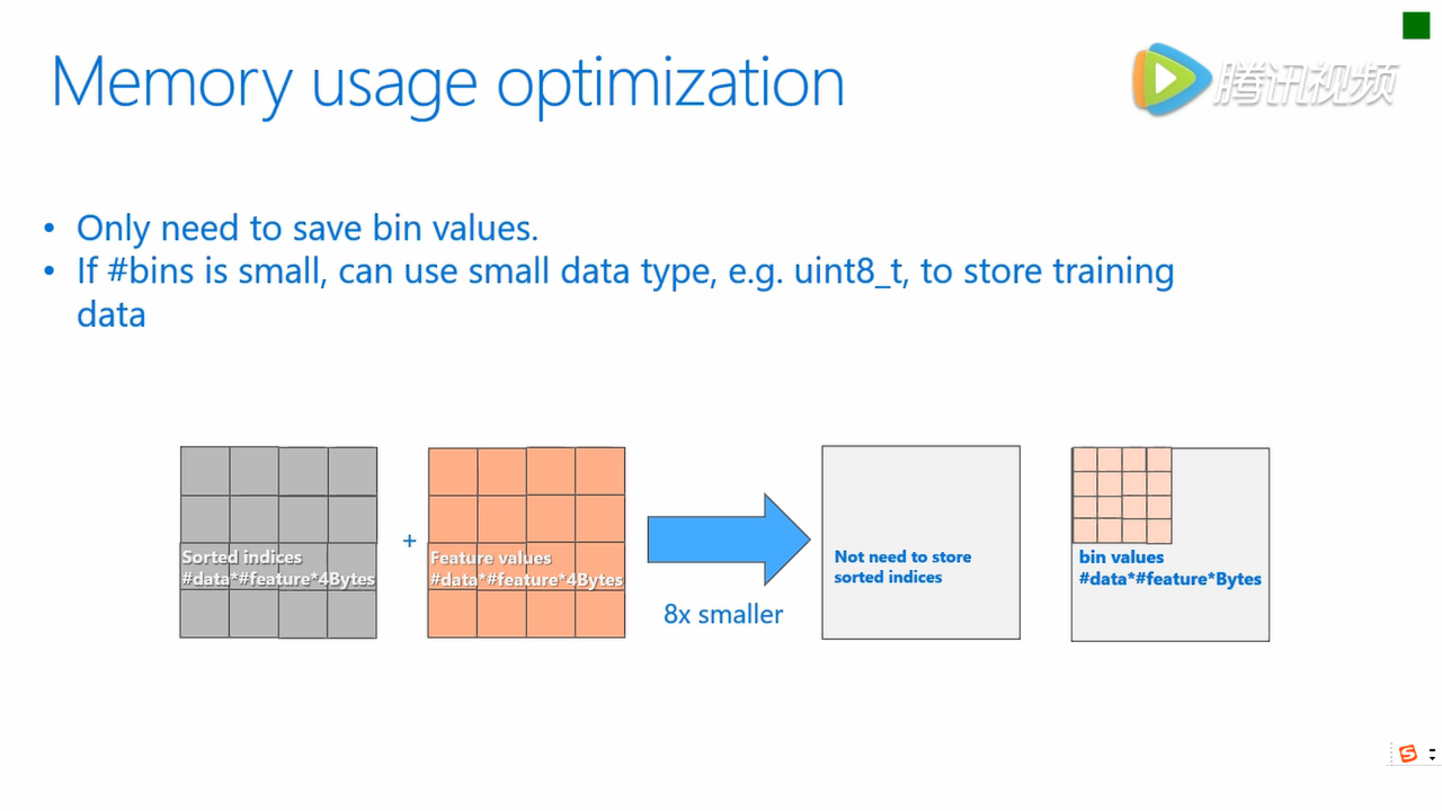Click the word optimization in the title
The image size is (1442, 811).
671,84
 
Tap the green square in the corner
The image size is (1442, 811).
1416,26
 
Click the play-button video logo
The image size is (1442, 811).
1170,80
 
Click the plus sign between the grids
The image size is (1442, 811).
409,541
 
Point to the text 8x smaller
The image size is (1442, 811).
723,614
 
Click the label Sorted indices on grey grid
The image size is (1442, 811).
242,557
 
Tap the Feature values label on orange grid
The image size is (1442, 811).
490,558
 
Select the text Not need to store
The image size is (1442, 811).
903,556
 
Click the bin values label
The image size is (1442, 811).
1121,557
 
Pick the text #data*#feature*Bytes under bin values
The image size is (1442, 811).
1170,579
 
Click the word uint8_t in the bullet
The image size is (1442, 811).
851,272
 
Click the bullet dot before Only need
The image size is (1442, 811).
50,228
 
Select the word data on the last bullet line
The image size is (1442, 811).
111,315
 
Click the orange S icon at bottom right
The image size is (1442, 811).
1408,753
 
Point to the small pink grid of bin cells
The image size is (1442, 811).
1122,496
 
